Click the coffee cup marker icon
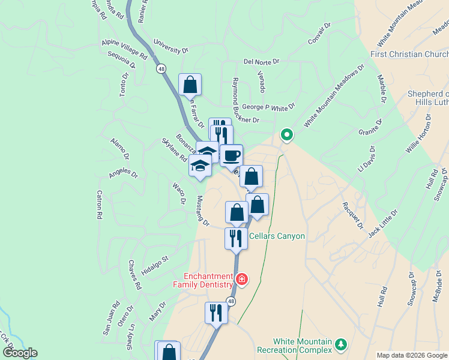(231, 156)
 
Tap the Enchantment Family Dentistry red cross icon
(241, 279)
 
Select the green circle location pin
(287, 135)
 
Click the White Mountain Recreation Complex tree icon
(341, 344)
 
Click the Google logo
(20, 353)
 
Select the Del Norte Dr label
(262, 61)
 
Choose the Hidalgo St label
(155, 265)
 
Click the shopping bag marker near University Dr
(190, 85)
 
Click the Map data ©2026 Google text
(412, 355)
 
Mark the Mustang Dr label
(202, 211)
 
